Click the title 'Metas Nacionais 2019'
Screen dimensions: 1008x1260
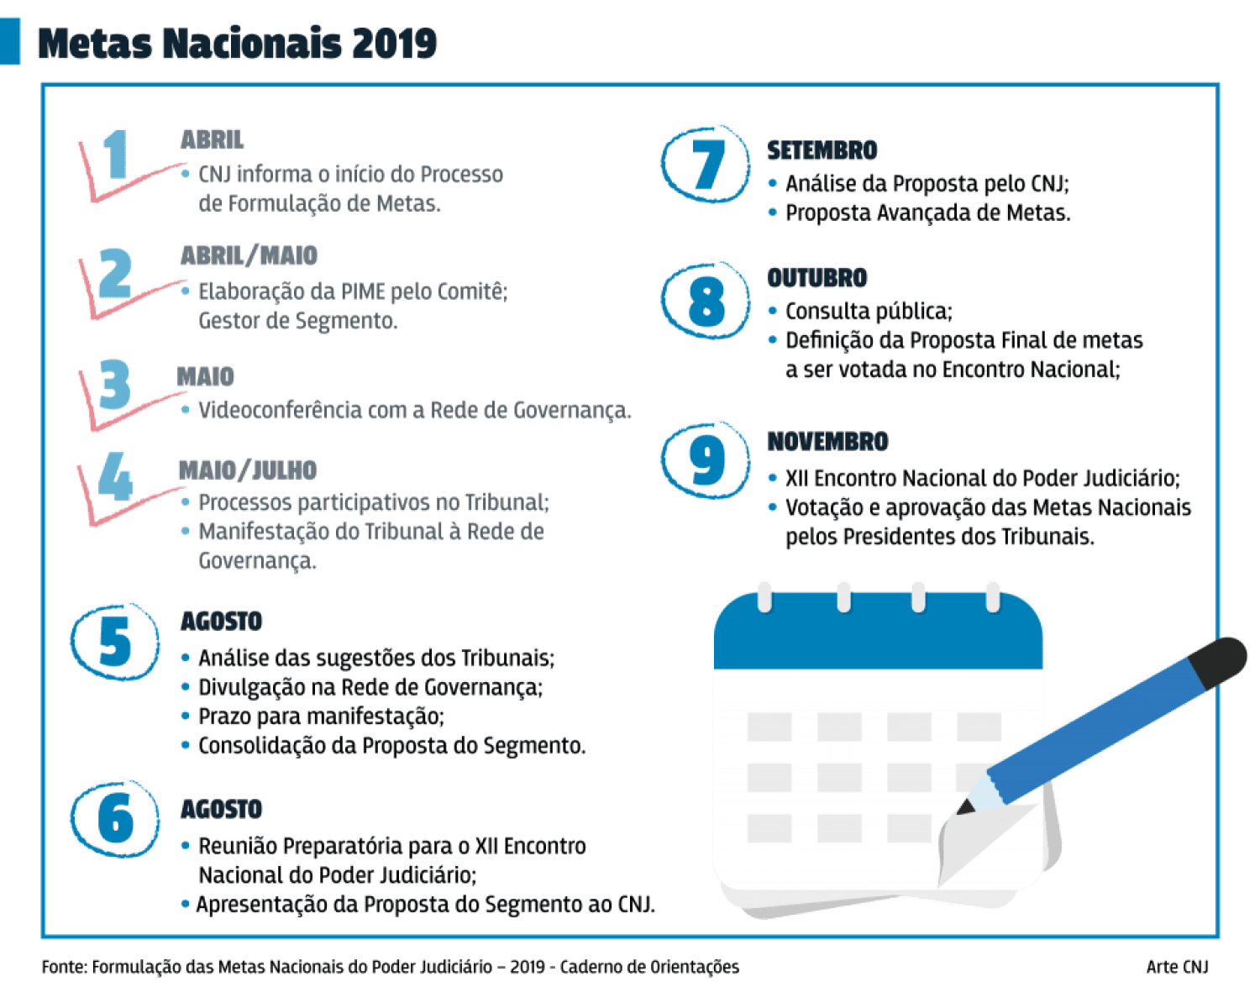(238, 44)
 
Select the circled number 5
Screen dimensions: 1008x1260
(115, 643)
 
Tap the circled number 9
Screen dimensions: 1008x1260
(706, 459)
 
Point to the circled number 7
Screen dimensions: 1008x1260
(706, 164)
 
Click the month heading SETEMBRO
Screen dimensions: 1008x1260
(822, 150)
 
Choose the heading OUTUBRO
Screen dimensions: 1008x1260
(817, 278)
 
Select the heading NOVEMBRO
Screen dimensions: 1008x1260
(827, 442)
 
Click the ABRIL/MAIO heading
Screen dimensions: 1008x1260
(249, 255)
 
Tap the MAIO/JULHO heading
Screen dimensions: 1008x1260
(247, 470)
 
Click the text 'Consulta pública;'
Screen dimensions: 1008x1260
(868, 312)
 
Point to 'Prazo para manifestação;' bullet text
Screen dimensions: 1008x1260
(321, 717)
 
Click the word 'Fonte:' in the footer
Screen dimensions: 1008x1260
(64, 967)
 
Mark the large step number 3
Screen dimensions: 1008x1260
(114, 384)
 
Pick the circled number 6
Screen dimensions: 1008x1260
(115, 817)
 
